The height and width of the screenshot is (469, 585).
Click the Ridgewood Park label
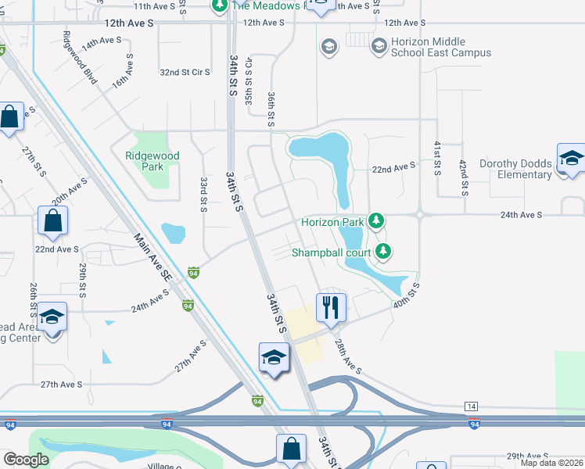click(153, 161)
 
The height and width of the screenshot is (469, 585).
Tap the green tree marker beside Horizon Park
click(377, 221)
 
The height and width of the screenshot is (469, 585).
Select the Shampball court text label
click(332, 252)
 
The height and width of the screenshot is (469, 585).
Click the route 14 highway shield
click(471, 406)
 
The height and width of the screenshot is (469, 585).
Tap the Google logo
click(26, 460)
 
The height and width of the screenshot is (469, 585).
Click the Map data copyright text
click(552, 463)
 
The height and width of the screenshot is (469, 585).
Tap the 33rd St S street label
click(203, 194)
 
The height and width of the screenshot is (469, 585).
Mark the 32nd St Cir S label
click(185, 73)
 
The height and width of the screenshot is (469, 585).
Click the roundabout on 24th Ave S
click(421, 213)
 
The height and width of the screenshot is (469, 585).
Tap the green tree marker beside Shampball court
click(383, 251)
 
